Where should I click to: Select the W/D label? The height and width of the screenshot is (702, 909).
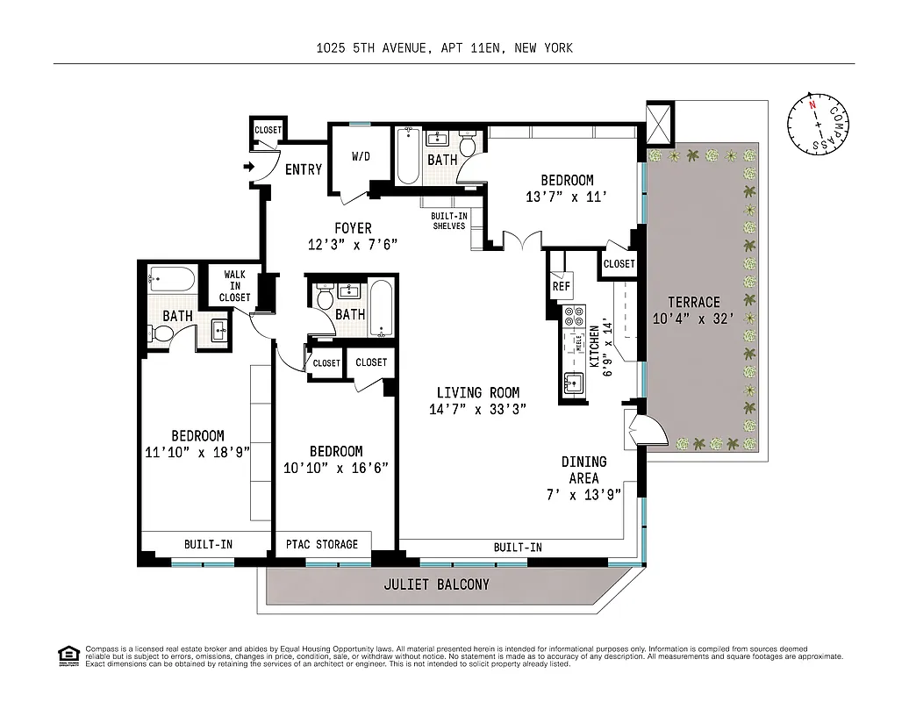point(361,158)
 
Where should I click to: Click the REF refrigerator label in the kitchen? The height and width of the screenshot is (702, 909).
point(561,285)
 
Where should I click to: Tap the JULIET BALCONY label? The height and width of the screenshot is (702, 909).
point(436,584)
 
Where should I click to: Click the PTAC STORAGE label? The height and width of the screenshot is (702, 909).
point(322,544)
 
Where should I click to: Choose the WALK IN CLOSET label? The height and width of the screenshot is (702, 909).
point(234,286)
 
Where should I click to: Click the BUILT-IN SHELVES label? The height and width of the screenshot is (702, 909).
point(448,220)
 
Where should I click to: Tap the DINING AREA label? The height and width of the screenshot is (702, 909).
point(583,470)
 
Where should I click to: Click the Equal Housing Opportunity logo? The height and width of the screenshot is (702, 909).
point(66,655)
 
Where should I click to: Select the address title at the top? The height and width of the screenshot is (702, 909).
point(445,48)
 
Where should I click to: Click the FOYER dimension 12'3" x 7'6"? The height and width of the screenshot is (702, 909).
point(352,245)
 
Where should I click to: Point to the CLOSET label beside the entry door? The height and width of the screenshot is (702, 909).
point(268,130)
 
